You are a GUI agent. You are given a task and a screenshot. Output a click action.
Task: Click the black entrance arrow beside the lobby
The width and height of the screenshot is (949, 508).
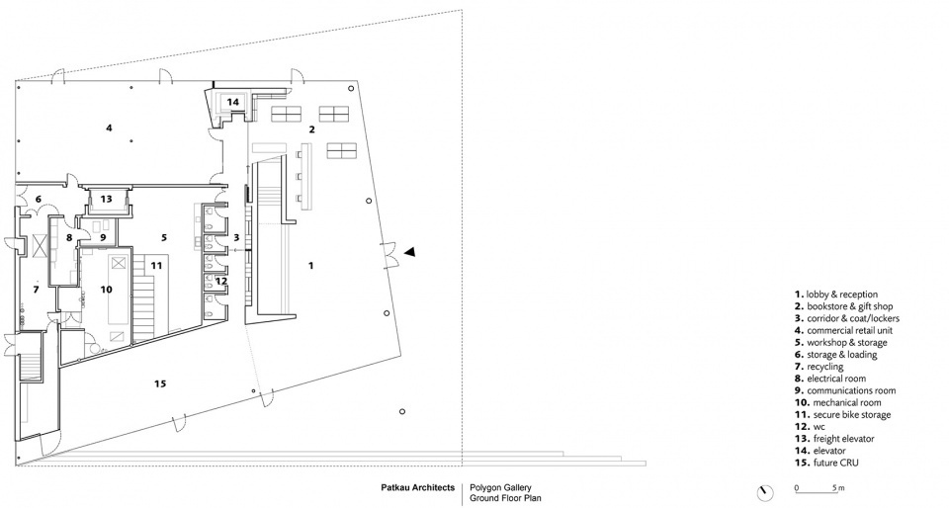[x=409, y=252]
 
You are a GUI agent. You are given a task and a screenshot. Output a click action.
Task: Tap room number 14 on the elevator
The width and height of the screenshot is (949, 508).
[x=233, y=102]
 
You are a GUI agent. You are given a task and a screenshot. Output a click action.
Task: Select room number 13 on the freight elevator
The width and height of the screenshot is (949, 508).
[x=107, y=199]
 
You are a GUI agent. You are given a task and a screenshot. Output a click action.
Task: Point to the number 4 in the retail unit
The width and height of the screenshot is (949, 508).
[x=109, y=127]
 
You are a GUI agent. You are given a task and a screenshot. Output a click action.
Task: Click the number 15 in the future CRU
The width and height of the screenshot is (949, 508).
[x=160, y=383]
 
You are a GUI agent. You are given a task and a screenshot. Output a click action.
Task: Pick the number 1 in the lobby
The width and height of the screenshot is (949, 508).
[x=311, y=265]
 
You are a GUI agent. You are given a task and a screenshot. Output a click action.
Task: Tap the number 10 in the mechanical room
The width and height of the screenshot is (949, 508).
[x=107, y=290]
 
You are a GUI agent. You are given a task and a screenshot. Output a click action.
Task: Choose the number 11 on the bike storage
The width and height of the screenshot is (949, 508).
[x=157, y=266]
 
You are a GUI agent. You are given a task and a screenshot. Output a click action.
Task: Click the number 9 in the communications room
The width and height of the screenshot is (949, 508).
[x=103, y=237]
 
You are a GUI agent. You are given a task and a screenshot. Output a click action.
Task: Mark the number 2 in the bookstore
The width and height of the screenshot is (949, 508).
[x=311, y=128]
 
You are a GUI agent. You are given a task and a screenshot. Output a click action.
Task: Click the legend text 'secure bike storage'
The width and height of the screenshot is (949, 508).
[x=852, y=415]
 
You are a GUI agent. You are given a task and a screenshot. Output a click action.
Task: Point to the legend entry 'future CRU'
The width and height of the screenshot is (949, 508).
[x=832, y=464]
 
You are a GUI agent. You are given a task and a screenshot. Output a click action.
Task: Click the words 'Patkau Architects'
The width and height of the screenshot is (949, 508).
[x=417, y=487]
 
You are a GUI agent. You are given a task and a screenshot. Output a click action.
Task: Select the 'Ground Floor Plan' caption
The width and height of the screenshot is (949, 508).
[x=505, y=498]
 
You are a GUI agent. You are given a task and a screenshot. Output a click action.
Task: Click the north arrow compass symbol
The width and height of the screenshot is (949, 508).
[x=765, y=492]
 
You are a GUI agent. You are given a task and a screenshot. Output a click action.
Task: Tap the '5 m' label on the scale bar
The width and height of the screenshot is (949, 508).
[x=838, y=488]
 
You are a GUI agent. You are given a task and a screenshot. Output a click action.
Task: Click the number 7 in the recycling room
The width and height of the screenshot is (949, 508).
[x=37, y=290]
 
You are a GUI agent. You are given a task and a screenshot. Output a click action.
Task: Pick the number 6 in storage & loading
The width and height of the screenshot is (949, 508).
[x=38, y=199]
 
